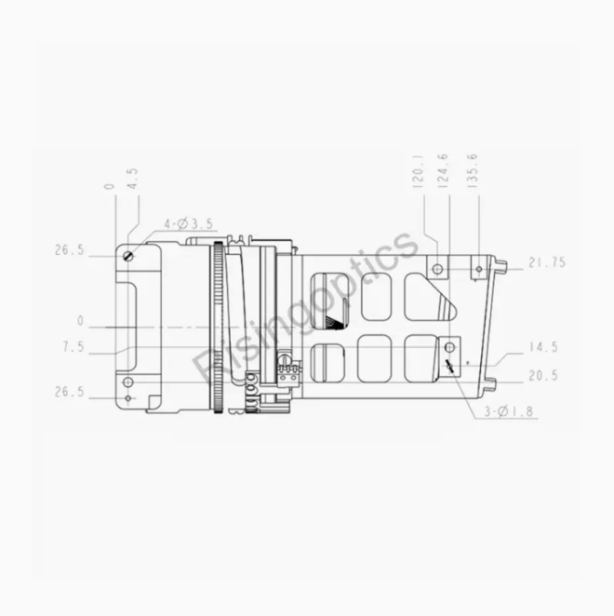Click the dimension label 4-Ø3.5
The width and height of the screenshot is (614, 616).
pyautogui.click(x=189, y=224)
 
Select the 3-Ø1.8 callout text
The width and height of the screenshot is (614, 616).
pyautogui.click(x=509, y=411)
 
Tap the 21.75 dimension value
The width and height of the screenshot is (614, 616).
pyautogui.click(x=547, y=262)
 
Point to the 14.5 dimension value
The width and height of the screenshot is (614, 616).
pyautogui.click(x=543, y=347)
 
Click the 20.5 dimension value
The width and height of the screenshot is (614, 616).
pyautogui.click(x=543, y=376)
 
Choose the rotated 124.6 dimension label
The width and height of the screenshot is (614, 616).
pyautogui.click(x=443, y=170)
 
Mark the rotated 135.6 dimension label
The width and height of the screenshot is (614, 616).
pyautogui.click(x=473, y=170)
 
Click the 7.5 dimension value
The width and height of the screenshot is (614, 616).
pyautogui.click(x=73, y=347)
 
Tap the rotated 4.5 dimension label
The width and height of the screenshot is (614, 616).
pyautogui.click(x=133, y=179)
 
